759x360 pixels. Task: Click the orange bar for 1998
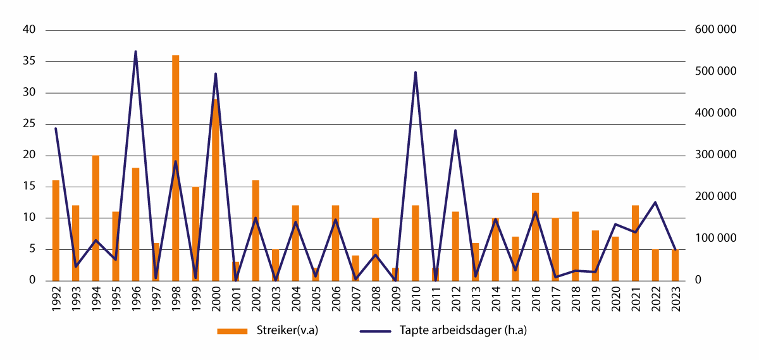[x=175, y=168]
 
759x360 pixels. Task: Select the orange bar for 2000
[x=216, y=190]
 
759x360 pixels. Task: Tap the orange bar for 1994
[x=96, y=218]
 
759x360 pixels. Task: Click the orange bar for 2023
[x=675, y=265]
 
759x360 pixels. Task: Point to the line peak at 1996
[x=135, y=51]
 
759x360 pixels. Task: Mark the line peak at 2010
[x=415, y=72]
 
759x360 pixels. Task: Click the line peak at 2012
[x=455, y=130]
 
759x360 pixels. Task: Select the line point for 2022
[x=655, y=202]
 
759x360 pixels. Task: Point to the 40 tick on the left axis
[x=30, y=30]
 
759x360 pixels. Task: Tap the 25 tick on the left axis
[x=30, y=124]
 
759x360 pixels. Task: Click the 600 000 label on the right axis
[x=715, y=30]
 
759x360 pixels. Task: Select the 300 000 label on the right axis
[x=715, y=155]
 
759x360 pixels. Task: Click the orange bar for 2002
[x=256, y=230]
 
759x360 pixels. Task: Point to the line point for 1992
[x=56, y=128]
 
